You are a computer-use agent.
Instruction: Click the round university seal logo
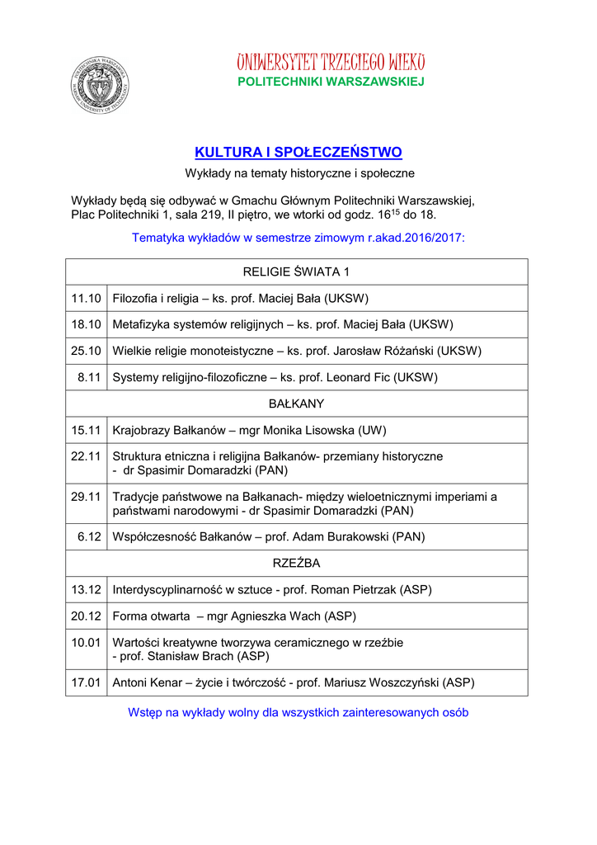click(x=100, y=84)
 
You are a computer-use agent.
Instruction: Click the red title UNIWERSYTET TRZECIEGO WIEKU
click(x=331, y=63)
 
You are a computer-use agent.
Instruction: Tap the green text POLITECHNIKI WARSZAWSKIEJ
click(x=331, y=82)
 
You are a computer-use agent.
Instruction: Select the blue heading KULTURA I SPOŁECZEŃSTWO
click(x=298, y=153)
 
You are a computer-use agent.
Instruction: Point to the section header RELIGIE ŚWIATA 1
click(x=297, y=272)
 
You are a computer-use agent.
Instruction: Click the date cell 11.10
click(x=86, y=298)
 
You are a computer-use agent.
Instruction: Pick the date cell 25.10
click(x=86, y=351)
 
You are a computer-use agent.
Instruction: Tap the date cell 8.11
click(x=88, y=377)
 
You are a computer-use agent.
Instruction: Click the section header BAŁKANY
click(x=297, y=404)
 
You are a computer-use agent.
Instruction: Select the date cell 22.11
click(x=86, y=456)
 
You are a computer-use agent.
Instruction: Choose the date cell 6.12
click(x=89, y=536)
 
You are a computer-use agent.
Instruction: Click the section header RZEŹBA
click(x=297, y=563)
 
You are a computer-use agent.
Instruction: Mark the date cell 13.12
click(x=86, y=589)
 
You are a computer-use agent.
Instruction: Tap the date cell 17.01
click(x=86, y=682)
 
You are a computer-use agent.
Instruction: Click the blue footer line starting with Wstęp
click(x=298, y=712)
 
